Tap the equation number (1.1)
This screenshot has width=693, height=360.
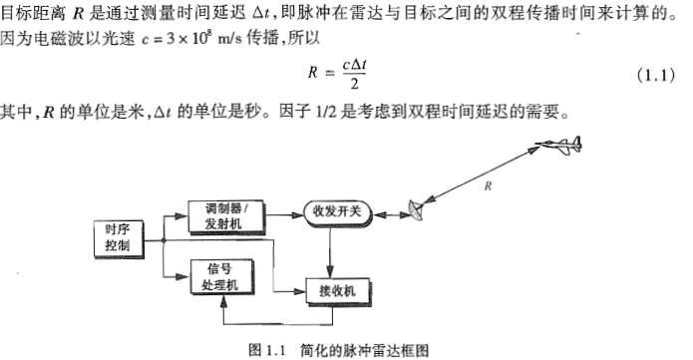[x=653, y=76]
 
